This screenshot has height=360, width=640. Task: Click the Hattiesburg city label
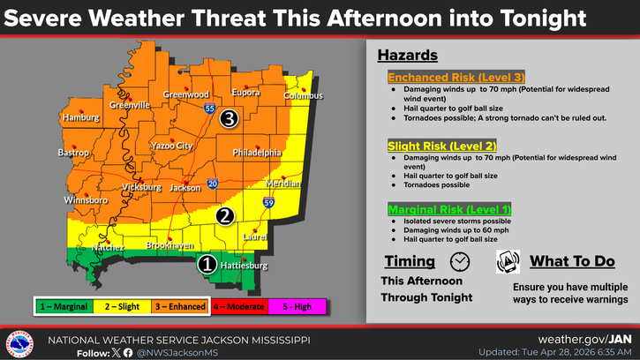pyautogui.click(x=244, y=265)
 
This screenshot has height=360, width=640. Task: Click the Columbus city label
pyautogui.click(x=305, y=96)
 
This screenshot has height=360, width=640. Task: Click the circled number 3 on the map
pyautogui.click(x=230, y=117)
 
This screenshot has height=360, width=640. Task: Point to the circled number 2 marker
pyautogui.click(x=225, y=214)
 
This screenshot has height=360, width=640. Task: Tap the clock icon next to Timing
pyautogui.click(x=459, y=261)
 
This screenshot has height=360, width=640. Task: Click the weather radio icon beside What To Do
pyautogui.click(x=508, y=261)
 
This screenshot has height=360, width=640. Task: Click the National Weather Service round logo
pyautogui.click(x=20, y=343)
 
